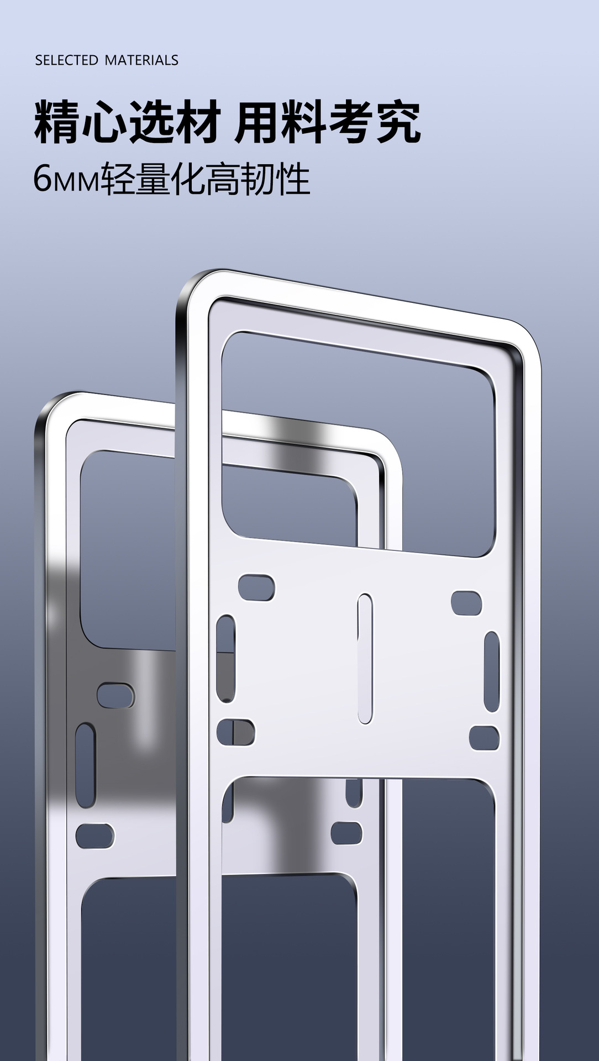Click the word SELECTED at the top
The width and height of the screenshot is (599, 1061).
66,60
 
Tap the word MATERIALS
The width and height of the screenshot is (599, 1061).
141,60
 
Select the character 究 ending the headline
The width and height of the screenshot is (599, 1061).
398,122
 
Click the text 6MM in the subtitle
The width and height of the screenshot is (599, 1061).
66,180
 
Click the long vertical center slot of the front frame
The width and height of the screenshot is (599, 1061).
365,659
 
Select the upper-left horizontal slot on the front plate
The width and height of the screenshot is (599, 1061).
256,587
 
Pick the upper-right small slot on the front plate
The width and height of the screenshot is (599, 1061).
466,603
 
